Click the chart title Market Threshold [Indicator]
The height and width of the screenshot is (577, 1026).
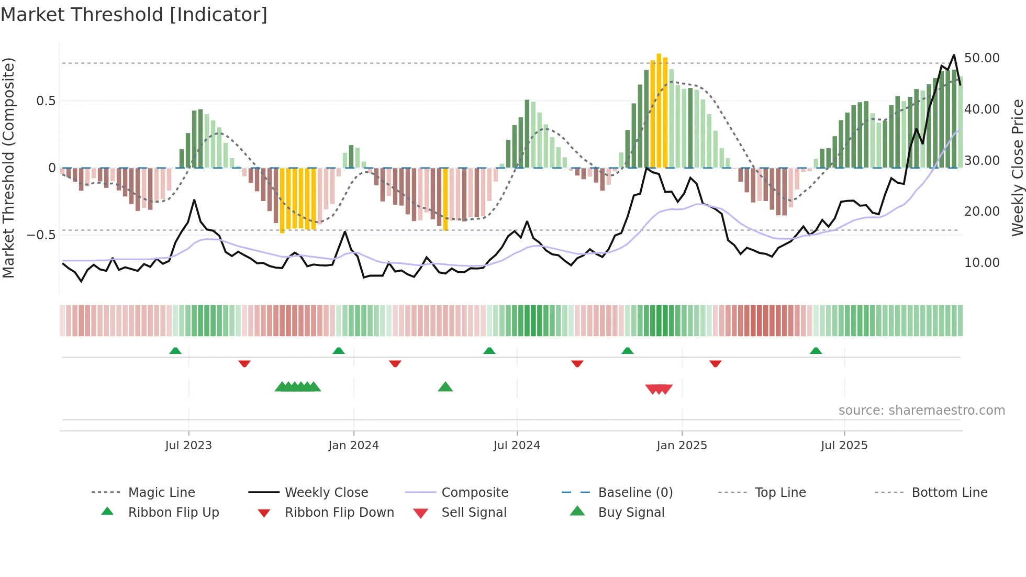(134, 15)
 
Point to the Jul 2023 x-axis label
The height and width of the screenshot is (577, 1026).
(188, 446)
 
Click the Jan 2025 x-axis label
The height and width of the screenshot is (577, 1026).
(682, 446)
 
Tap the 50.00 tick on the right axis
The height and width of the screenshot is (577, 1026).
(982, 58)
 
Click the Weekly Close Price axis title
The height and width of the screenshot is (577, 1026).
(1017, 168)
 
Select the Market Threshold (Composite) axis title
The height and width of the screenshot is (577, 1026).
(8, 168)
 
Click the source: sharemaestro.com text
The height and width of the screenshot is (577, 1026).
(921, 410)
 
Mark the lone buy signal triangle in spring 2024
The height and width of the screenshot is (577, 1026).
(445, 387)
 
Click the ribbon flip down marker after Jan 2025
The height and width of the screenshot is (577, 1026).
(715, 363)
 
